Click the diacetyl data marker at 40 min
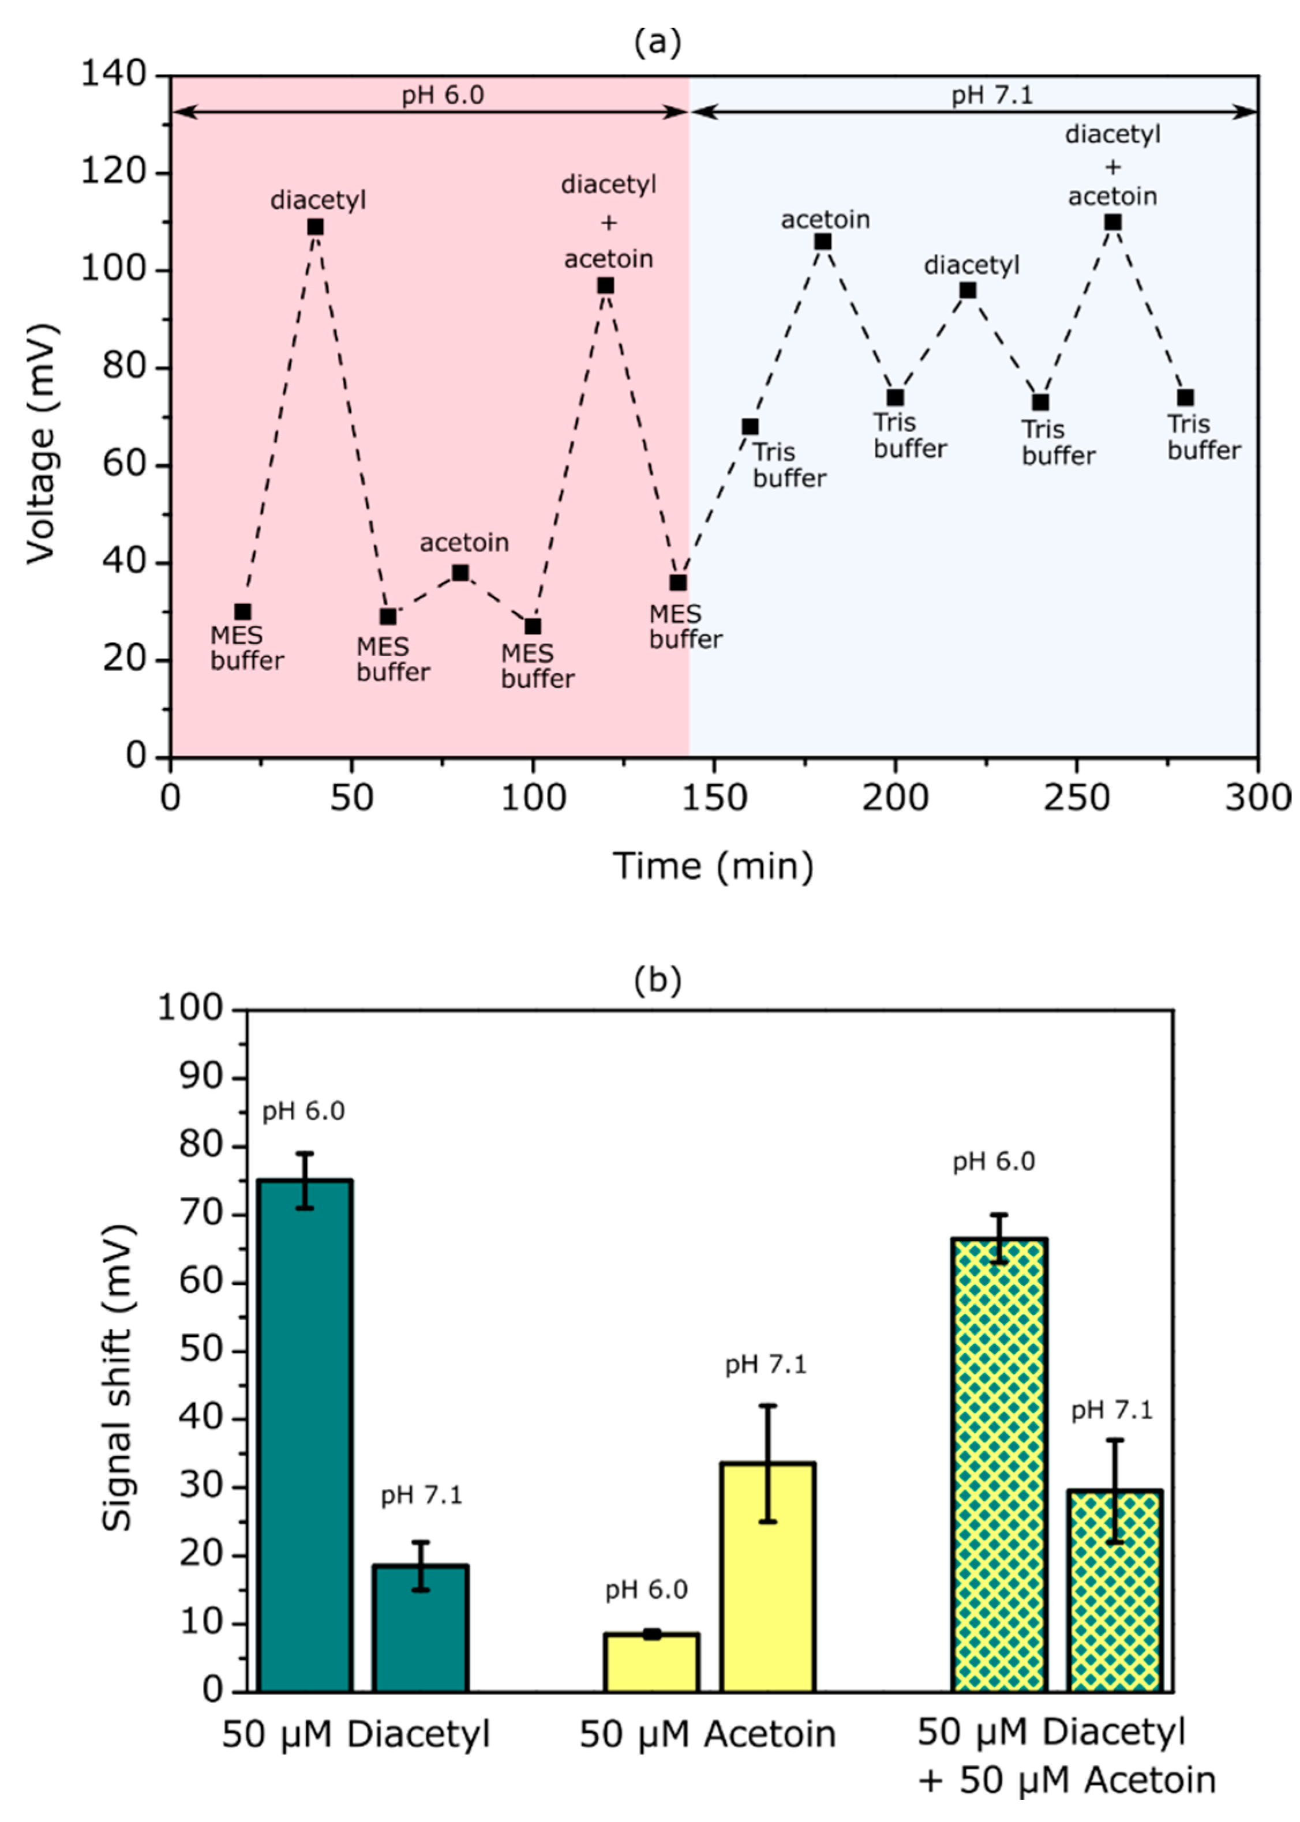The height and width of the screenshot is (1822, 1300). point(316,227)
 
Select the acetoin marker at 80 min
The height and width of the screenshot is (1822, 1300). point(460,573)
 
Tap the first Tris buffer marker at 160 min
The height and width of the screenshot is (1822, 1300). point(750,426)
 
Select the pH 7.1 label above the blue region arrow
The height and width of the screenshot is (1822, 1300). point(992,96)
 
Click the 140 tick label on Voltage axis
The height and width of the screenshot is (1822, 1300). point(114,74)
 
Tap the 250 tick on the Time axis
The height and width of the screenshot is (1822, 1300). point(1076,798)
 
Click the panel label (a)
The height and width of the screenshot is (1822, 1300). point(657,42)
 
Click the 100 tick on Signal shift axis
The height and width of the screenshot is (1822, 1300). point(190,1008)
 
